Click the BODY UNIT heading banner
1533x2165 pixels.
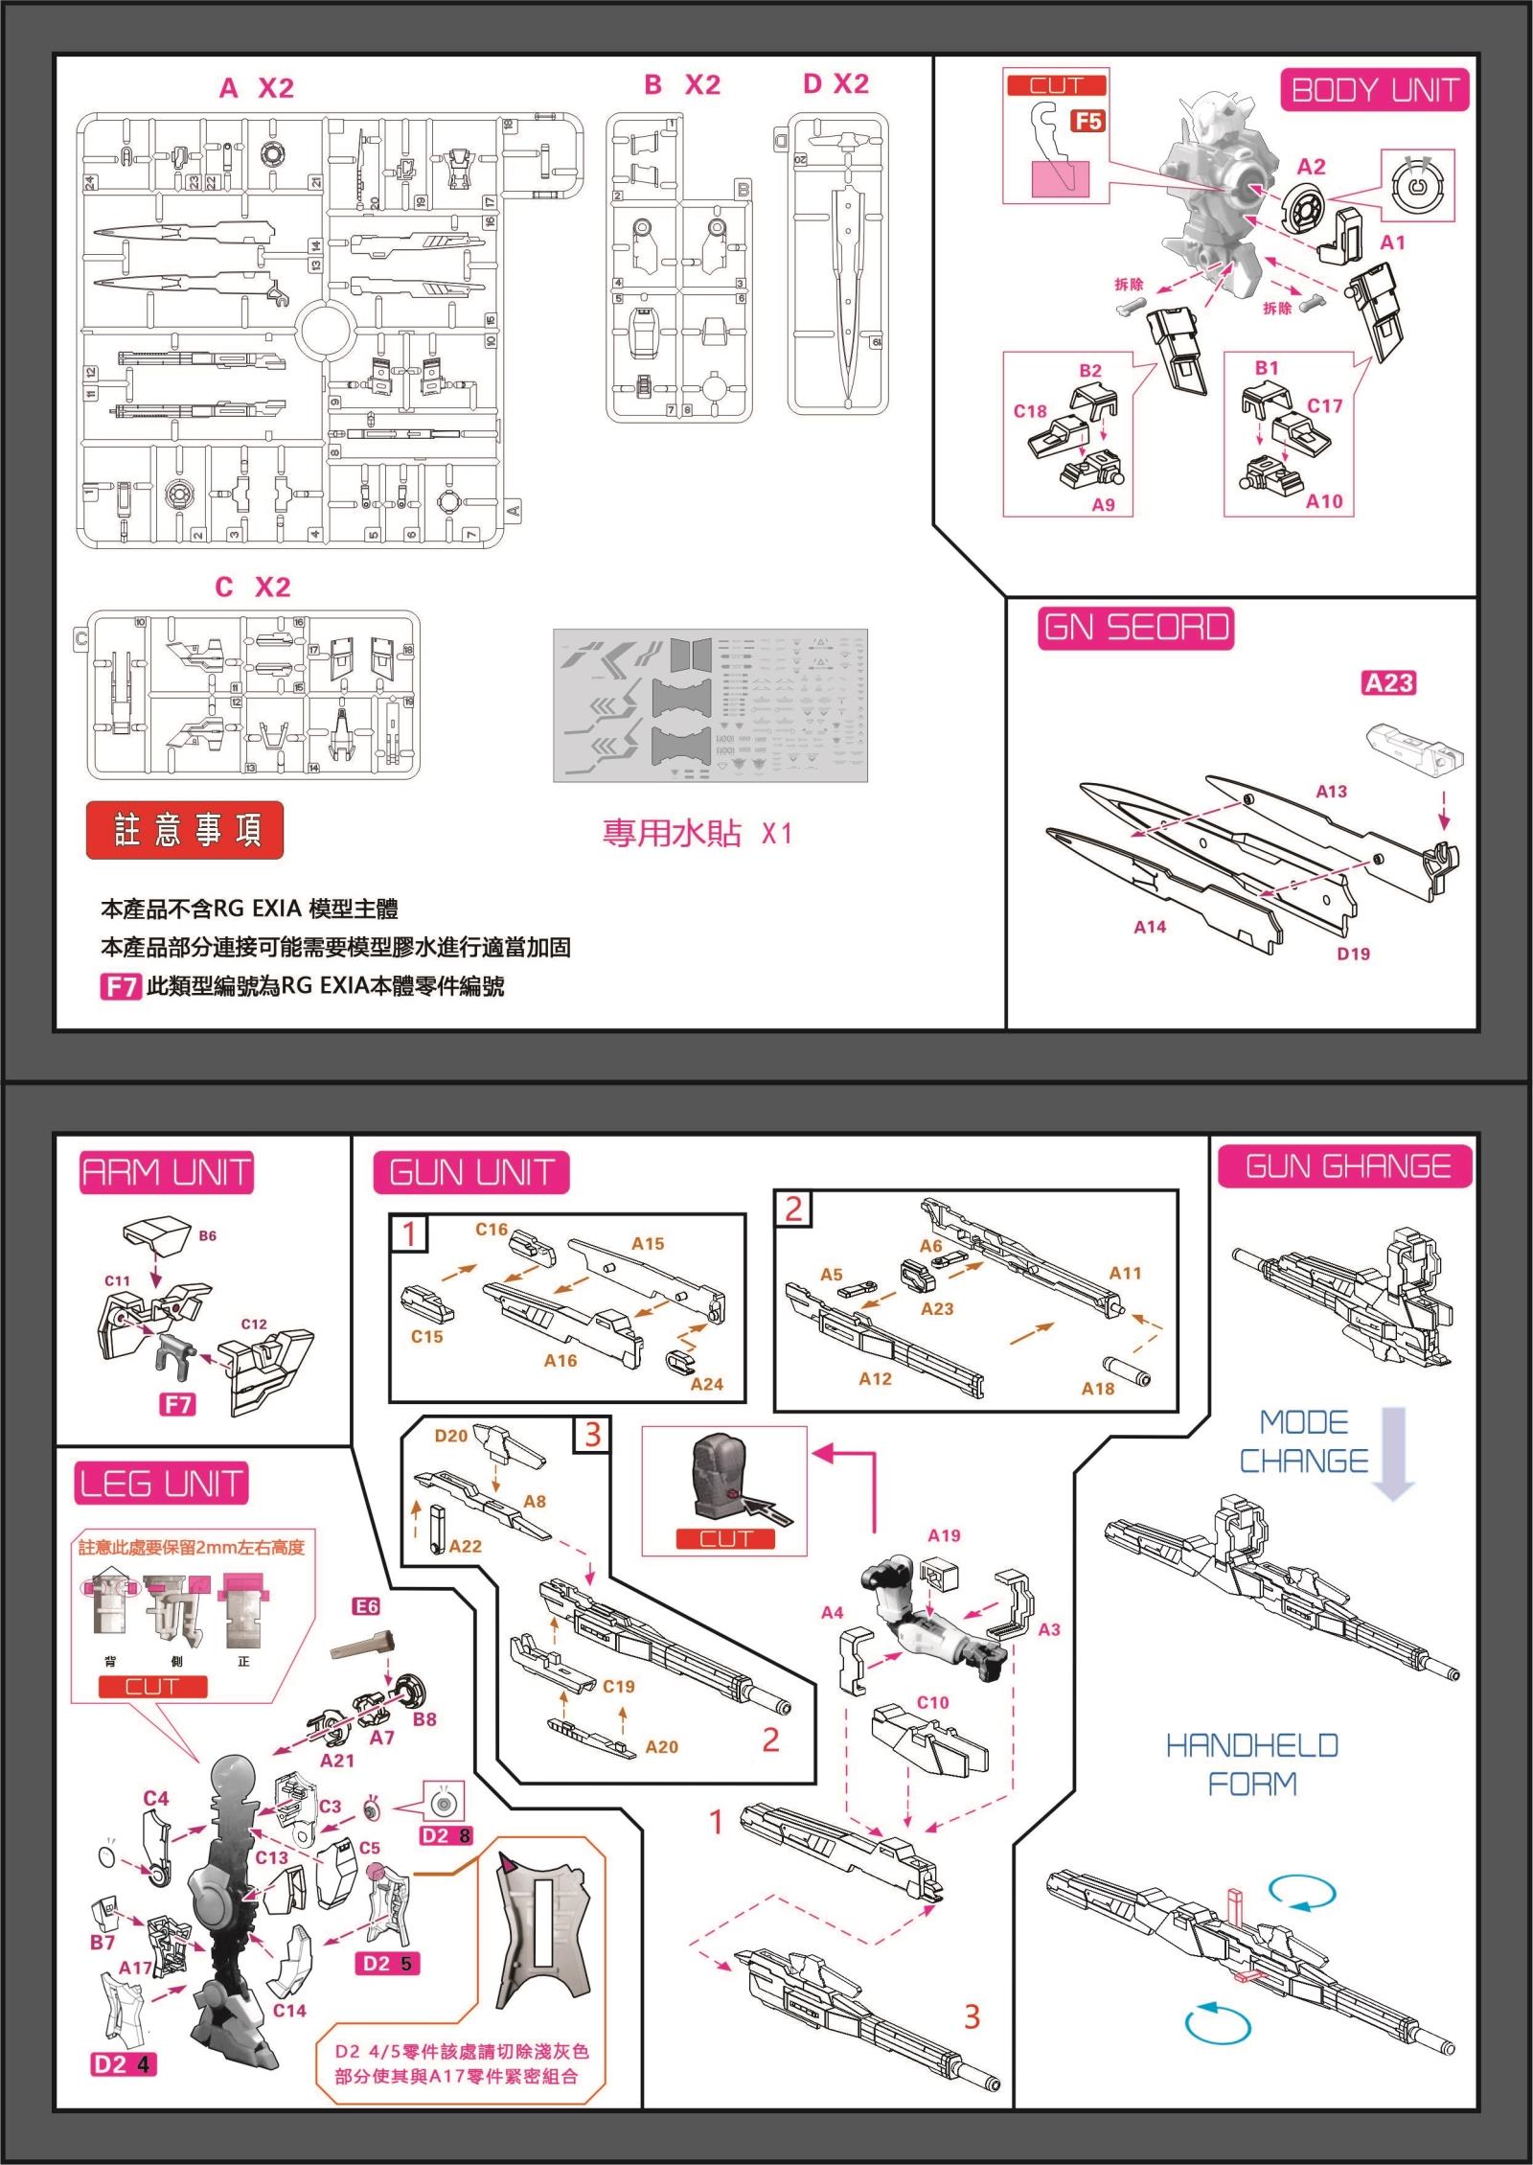click(x=1374, y=90)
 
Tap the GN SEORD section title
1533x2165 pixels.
click(x=1136, y=628)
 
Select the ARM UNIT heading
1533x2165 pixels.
click(x=167, y=1172)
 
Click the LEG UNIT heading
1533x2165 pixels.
click(x=161, y=1484)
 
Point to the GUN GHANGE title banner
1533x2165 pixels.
click(x=1345, y=1166)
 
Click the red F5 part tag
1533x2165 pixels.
click(x=1087, y=121)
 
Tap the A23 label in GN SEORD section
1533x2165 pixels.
click(x=1388, y=682)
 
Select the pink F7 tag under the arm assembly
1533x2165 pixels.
click(x=177, y=1405)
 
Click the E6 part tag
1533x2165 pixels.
click(x=366, y=1606)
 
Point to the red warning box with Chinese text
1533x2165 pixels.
click(x=185, y=829)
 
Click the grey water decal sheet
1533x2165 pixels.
click(x=710, y=705)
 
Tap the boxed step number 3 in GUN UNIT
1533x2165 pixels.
click(x=592, y=1434)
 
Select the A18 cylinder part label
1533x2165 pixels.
click(x=1098, y=1388)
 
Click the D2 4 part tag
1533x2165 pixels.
click(x=123, y=2063)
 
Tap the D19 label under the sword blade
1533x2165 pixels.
click(x=1353, y=954)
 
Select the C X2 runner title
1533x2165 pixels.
click(x=253, y=587)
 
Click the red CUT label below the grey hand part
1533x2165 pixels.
click(x=724, y=1539)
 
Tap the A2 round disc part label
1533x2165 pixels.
click(x=1311, y=166)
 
